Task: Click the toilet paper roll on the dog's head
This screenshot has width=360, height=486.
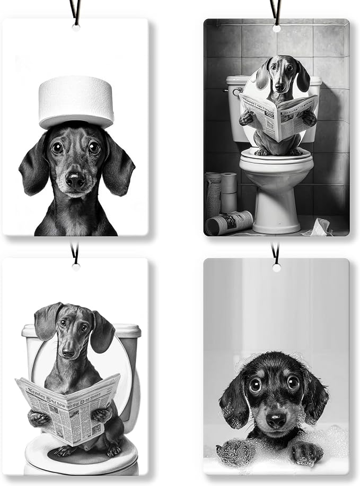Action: (x=76, y=101)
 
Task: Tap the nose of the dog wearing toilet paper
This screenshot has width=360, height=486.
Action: (x=75, y=181)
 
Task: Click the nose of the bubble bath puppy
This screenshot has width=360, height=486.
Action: (x=276, y=420)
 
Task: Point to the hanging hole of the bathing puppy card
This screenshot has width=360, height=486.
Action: (x=276, y=267)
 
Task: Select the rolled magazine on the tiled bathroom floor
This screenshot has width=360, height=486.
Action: (x=229, y=222)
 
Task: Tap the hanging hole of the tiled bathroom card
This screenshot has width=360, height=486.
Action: (x=276, y=28)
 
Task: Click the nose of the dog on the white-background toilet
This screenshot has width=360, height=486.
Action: (x=68, y=352)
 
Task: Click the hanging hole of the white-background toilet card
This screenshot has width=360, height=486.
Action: (x=76, y=267)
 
